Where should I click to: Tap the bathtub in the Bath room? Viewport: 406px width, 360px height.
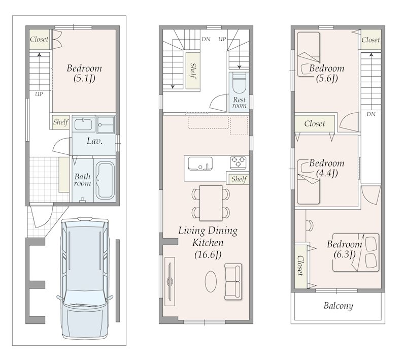[x=105, y=180]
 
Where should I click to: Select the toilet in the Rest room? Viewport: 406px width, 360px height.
[x=239, y=83]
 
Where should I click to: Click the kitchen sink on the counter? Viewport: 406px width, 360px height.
[x=200, y=163]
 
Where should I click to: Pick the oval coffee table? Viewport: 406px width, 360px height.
[x=211, y=281]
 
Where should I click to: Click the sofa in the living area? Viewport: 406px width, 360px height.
[x=233, y=282]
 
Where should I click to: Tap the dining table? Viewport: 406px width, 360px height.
[x=211, y=203]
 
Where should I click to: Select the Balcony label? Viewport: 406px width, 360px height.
[x=338, y=306]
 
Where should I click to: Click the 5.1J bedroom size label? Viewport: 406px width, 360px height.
[x=84, y=78]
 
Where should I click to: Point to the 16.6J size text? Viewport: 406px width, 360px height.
[x=208, y=255]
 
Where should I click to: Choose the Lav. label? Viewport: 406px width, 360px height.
[x=94, y=141]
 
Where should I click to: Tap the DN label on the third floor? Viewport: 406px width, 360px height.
[x=371, y=114]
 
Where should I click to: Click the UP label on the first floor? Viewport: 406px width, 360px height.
[x=39, y=94]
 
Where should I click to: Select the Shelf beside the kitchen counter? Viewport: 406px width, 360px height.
[x=239, y=179]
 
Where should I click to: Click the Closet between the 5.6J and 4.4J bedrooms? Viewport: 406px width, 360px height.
[x=315, y=123]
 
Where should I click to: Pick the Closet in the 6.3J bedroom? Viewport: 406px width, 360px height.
[x=300, y=266]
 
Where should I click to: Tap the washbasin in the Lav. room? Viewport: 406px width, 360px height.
[x=83, y=124]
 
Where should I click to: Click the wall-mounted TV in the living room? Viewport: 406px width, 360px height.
[x=170, y=281]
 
